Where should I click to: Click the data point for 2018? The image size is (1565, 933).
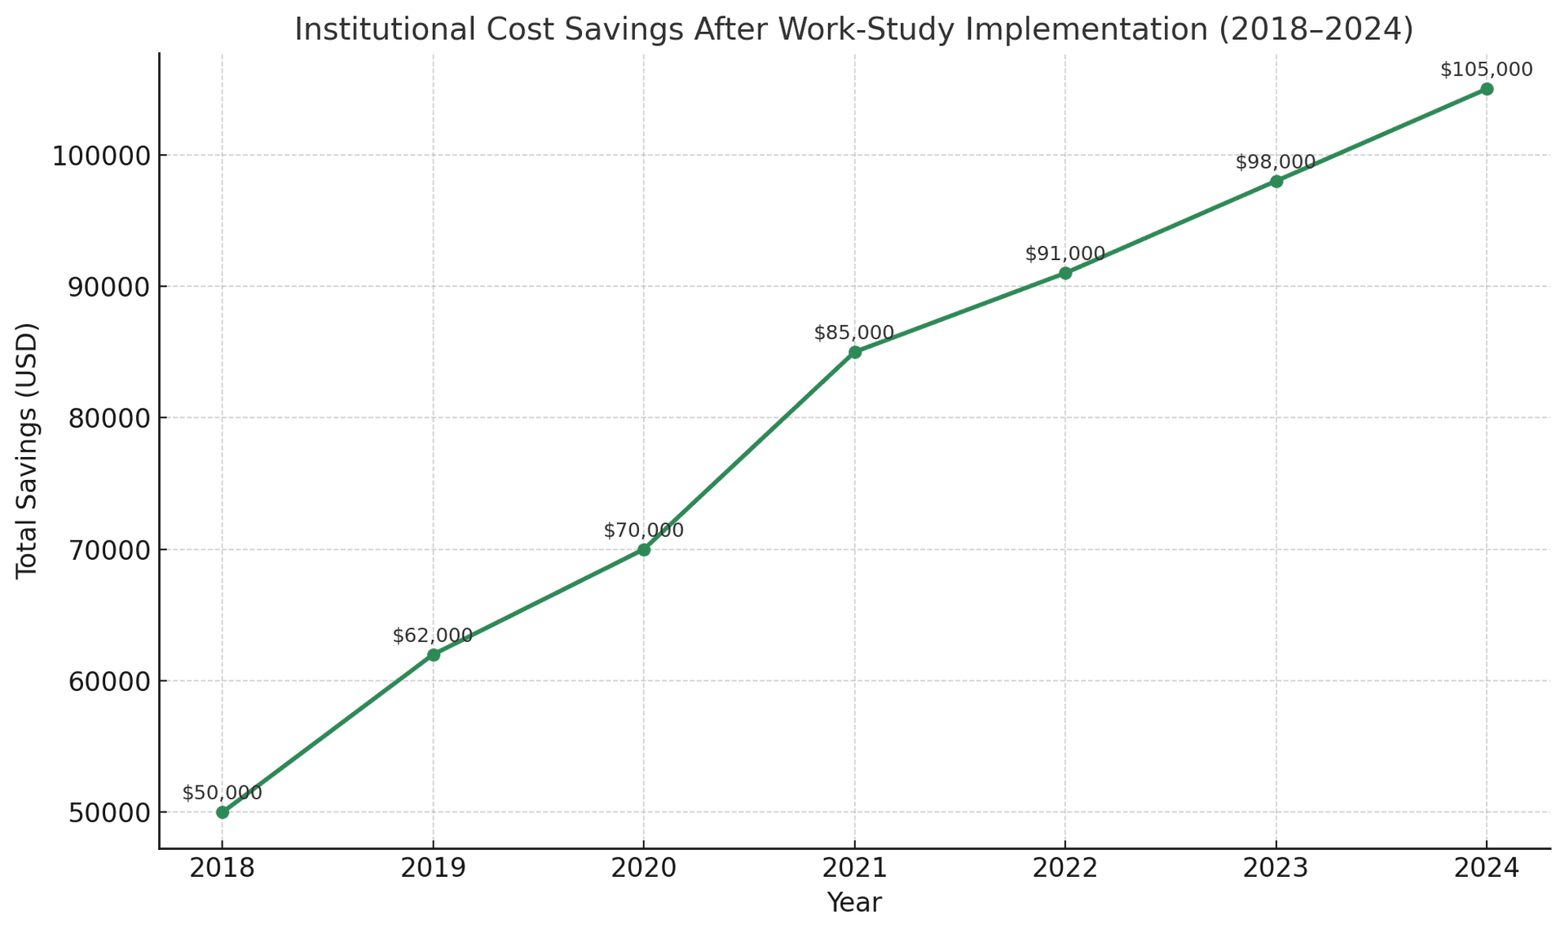pos(223,812)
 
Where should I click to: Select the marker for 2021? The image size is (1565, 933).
pos(855,352)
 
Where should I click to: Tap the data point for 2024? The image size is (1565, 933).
pos(1487,89)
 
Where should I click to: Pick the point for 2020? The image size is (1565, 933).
pos(644,550)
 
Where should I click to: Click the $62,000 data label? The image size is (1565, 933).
pos(432,636)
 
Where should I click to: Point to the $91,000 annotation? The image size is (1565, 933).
pos(1065,254)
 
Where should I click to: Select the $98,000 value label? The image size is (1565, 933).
pos(1276,163)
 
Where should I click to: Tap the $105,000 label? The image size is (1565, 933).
pos(1486,70)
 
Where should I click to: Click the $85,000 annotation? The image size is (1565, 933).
pos(853,333)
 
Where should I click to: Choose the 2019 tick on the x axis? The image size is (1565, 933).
pos(433,868)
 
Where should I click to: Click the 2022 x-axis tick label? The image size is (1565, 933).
pos(1065,868)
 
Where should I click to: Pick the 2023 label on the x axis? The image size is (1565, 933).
pos(1276,868)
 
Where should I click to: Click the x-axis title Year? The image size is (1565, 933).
pos(854,903)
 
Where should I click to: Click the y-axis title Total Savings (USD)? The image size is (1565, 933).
pos(28,451)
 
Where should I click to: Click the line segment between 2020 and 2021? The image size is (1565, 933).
pos(749,451)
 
